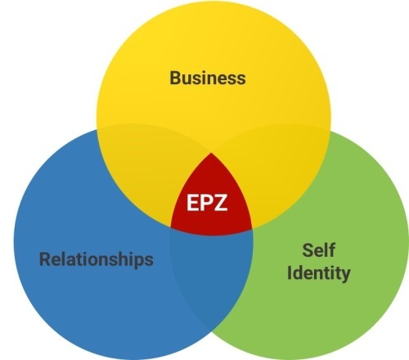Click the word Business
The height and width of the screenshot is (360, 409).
208,78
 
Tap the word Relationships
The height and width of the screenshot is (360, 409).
97,259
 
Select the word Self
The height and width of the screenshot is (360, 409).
318,250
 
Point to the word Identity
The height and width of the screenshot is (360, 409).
318,272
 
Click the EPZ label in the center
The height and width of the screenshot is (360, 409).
207,202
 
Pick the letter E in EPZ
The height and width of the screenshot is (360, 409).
192,202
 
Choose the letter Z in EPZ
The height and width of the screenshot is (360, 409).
221,202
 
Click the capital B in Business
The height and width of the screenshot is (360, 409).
176,78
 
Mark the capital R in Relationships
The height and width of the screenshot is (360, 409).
45,259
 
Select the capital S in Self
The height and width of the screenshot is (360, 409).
308,250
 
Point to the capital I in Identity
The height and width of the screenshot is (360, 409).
289,272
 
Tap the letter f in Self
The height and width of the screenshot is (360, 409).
331,250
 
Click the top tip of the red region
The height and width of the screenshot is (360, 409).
211,153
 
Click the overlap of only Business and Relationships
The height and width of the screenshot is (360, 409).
147,169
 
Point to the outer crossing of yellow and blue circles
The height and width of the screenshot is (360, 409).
97,130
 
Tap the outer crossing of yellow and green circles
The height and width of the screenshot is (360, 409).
330,132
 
